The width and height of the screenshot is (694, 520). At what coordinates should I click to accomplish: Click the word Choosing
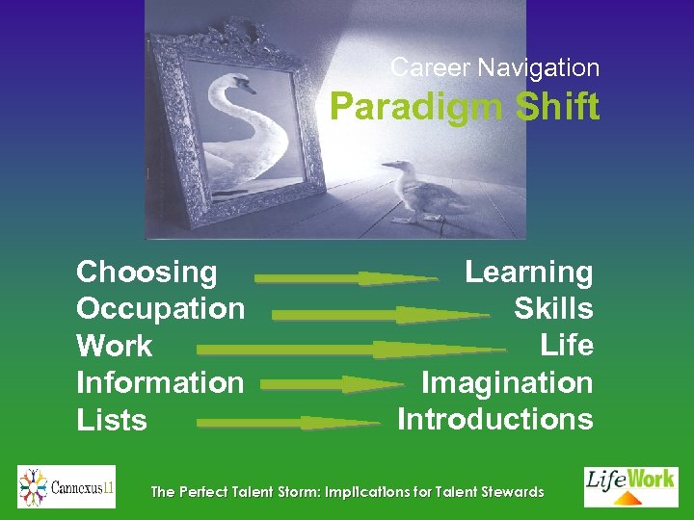(x=147, y=272)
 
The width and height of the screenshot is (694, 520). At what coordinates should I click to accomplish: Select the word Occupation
(x=160, y=308)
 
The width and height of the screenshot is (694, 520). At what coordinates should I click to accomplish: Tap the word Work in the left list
(x=114, y=346)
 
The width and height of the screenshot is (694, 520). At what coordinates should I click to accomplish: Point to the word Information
(x=160, y=382)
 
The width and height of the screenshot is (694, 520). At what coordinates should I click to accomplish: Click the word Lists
(x=111, y=420)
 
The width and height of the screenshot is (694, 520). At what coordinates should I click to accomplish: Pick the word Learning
(x=528, y=272)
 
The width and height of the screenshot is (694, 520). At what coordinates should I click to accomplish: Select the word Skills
(x=553, y=308)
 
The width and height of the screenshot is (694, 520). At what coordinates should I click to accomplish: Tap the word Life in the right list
(x=567, y=345)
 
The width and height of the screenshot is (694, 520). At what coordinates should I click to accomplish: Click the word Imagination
(x=507, y=382)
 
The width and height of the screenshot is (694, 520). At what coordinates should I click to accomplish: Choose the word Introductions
(x=495, y=419)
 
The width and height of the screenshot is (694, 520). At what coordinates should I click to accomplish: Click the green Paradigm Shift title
(x=465, y=106)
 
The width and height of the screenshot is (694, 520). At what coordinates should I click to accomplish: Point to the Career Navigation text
(x=495, y=67)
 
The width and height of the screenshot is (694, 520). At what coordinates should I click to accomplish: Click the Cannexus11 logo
(x=67, y=486)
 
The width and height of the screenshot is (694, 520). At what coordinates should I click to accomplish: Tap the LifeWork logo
(x=631, y=486)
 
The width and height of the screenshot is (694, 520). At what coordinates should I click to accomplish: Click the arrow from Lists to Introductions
(x=289, y=422)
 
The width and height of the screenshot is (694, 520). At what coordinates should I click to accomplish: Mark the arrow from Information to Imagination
(x=332, y=384)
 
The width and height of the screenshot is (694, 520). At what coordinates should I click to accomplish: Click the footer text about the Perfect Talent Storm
(x=347, y=492)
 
